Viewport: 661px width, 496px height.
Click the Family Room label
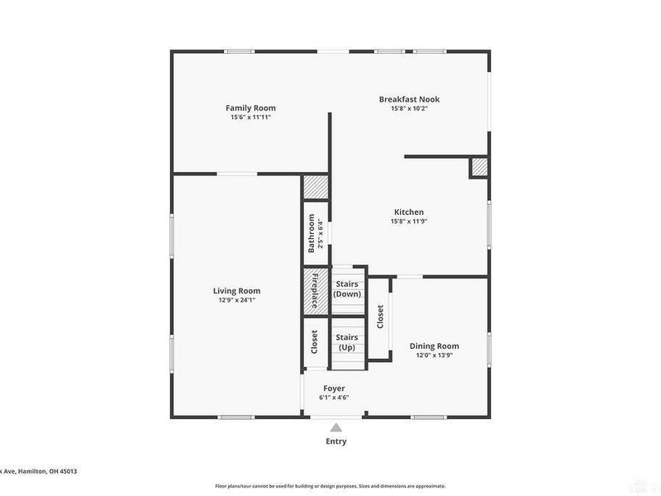[250, 108]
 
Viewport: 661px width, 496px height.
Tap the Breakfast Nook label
[409, 99]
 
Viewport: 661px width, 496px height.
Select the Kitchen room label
[409, 212]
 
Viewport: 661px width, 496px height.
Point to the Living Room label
[236, 291]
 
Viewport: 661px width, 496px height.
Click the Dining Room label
[434, 346]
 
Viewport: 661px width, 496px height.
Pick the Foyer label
[334, 389]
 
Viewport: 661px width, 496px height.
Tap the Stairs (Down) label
[346, 289]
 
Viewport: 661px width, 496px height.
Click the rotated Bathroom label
[312, 234]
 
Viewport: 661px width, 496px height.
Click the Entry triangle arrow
[336, 427]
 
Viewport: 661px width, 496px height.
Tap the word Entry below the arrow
[336, 441]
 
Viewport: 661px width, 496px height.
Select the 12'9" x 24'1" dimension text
[236, 300]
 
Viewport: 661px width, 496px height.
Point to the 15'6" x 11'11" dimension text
[250, 117]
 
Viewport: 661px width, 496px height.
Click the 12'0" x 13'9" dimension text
[434, 355]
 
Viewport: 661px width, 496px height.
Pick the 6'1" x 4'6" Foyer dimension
[334, 398]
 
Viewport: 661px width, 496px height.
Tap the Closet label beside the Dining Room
[380, 318]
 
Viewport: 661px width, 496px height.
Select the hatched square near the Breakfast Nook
[479, 168]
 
